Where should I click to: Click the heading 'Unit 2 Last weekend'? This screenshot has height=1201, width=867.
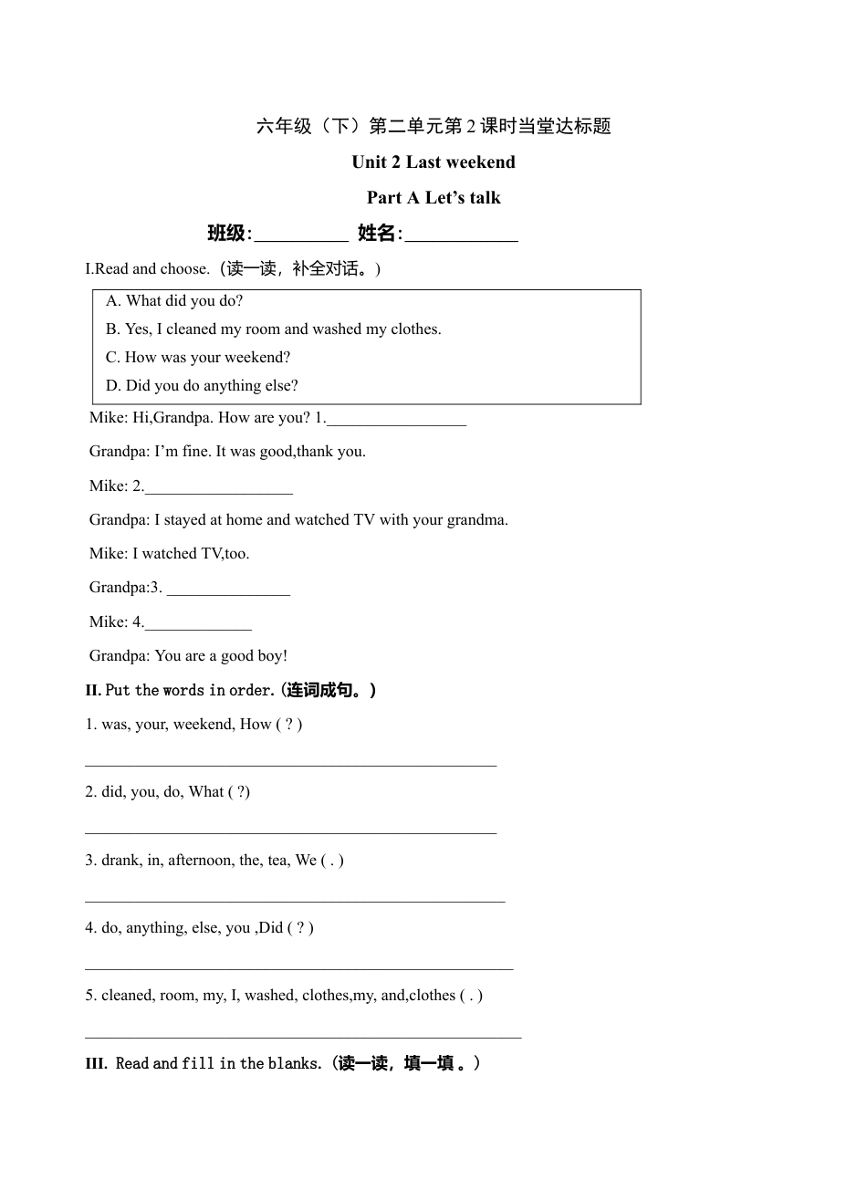pos(433,162)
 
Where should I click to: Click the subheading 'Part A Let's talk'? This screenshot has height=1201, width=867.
pos(433,198)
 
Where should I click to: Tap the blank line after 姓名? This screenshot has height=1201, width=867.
pos(461,235)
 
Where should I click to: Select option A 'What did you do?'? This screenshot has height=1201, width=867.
pos(174,301)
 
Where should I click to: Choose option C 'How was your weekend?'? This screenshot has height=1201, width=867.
pos(198,358)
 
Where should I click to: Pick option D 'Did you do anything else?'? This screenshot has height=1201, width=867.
pos(202,386)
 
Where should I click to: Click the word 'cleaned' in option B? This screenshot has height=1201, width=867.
pos(192,329)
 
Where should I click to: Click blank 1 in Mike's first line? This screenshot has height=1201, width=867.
pos(396,420)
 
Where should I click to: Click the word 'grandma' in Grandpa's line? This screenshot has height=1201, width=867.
pos(475,520)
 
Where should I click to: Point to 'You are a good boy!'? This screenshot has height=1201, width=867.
pos(221,656)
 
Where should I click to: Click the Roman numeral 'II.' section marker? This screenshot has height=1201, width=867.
pos(93,691)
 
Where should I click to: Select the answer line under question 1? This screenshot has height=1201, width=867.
pos(290,764)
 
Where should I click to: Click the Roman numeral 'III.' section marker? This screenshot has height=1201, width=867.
pos(97,1064)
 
